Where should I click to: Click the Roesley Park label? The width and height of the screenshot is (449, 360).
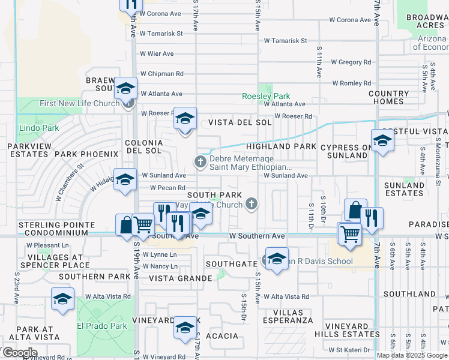click(265, 96)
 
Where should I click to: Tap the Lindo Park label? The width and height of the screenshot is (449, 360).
click(38, 128)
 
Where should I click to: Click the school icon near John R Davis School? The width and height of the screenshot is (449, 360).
click(276, 259)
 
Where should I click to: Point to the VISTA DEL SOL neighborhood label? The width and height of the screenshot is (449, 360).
click(240, 122)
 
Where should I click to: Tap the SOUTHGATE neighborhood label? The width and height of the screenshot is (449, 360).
click(231, 263)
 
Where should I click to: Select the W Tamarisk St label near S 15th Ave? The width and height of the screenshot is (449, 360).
click(285, 41)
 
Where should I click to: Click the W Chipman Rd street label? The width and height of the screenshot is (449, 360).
click(161, 74)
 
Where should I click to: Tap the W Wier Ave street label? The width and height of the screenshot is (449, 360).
click(157, 53)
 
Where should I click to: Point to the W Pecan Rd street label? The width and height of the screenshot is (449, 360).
click(158, 188)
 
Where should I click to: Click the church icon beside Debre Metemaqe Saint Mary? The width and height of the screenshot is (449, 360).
click(200, 161)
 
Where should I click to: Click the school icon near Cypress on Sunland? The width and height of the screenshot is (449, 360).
click(382, 141)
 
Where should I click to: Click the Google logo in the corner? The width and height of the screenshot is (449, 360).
click(20, 353)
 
